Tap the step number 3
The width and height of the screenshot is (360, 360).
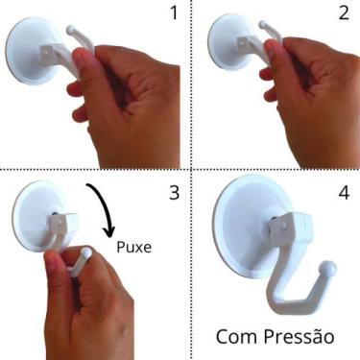point(174,192)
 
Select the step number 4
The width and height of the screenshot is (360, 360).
point(344,193)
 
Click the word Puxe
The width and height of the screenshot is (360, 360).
point(135,247)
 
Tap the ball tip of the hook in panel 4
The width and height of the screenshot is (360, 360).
point(329,268)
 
